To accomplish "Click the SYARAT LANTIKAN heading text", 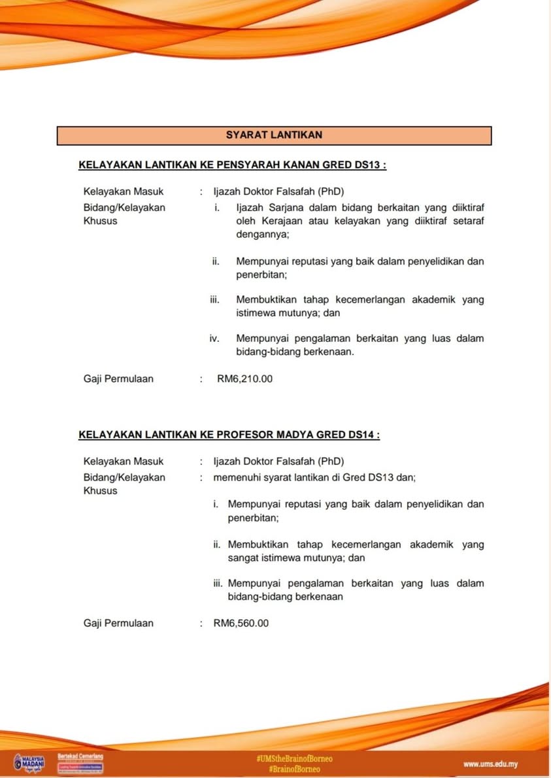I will pyautogui.click(x=274, y=135).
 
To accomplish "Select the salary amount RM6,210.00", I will pyautogui.click(x=244, y=379).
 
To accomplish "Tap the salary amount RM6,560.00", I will pyautogui.click(x=241, y=623).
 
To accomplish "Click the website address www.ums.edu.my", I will pyautogui.click(x=490, y=764).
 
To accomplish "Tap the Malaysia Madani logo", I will pyautogui.click(x=29, y=763).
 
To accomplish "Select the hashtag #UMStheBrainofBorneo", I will pyautogui.click(x=294, y=758).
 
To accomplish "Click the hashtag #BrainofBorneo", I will pyautogui.click(x=294, y=770).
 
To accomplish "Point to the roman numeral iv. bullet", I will pyautogui.click(x=214, y=339).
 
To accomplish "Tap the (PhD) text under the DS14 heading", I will pyautogui.click(x=331, y=462).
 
